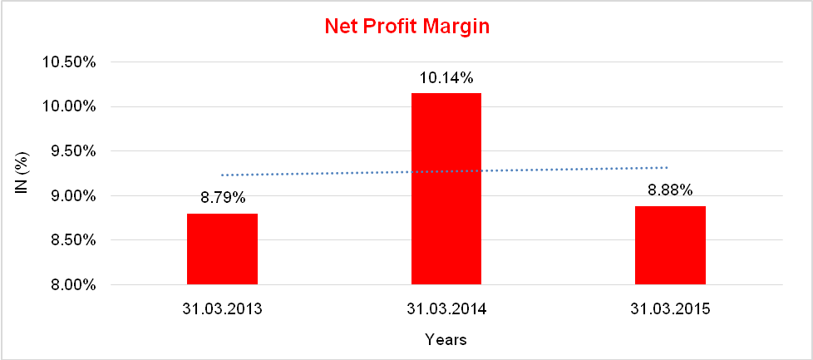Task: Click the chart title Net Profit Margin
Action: (x=406, y=27)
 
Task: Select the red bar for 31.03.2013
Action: (x=222, y=249)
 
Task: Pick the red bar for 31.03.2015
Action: (x=670, y=245)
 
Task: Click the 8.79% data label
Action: (x=222, y=199)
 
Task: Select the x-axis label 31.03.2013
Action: (x=222, y=309)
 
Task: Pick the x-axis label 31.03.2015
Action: (x=670, y=309)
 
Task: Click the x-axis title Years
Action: (x=446, y=339)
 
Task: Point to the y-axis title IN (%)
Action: (x=24, y=174)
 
